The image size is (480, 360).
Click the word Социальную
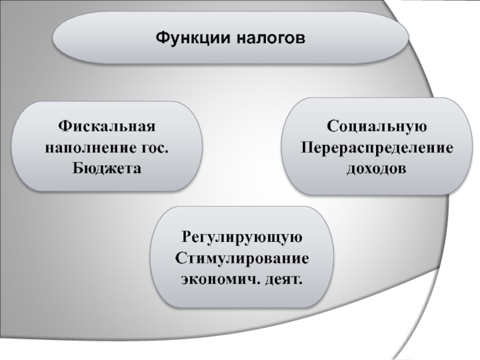376,127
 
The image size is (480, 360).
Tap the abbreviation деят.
283,278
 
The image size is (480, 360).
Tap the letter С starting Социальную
331,127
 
